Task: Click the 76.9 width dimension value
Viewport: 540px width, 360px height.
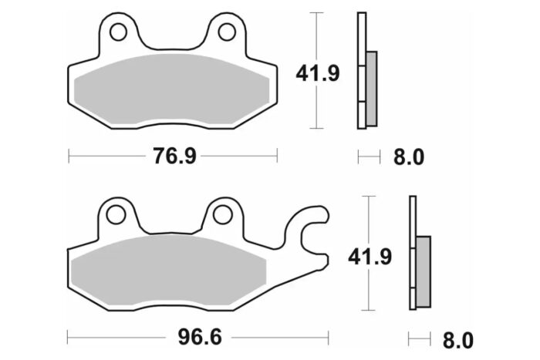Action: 174,156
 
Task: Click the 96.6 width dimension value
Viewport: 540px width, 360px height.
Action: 200,337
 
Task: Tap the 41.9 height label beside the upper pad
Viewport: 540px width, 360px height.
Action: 318,73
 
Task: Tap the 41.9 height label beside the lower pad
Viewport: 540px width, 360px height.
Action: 370,257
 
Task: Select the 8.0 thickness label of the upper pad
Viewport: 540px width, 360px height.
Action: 409,157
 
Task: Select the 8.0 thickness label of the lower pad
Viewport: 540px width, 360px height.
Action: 458,340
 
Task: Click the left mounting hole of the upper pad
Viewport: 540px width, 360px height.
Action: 118,32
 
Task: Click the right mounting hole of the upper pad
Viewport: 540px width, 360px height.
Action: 227,32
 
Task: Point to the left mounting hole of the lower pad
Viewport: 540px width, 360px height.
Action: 116,215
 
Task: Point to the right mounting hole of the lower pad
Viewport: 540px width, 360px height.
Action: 222,215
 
